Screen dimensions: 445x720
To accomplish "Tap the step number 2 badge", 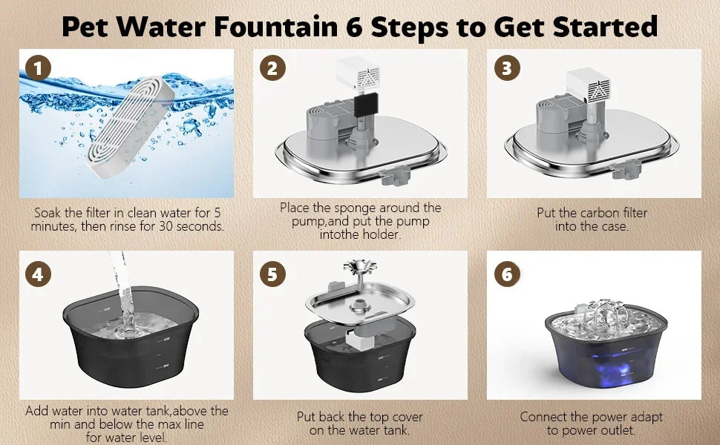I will (x=272, y=69).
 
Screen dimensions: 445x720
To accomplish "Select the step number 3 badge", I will (x=507, y=69).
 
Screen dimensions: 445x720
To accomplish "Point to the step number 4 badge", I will (x=38, y=274).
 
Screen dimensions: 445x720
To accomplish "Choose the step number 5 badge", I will (x=272, y=274).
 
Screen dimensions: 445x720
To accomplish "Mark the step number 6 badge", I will (x=507, y=274).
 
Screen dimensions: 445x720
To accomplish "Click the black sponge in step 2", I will (x=364, y=107).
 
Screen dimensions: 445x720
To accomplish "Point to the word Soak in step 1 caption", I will (x=50, y=213).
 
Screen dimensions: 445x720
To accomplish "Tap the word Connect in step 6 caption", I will (x=545, y=417).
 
